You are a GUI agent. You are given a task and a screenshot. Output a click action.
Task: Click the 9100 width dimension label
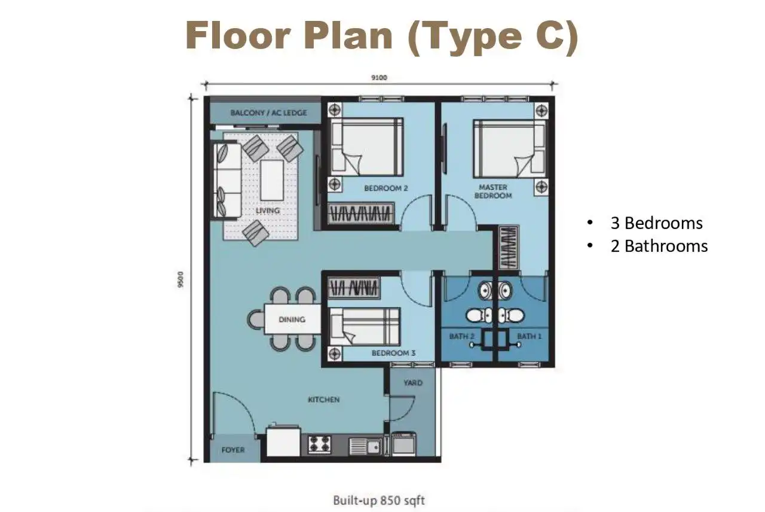379,78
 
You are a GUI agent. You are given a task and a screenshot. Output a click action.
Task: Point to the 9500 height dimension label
180,279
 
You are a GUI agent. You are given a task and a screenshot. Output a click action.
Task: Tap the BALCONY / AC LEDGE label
269,113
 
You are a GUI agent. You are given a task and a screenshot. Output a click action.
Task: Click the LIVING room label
268,211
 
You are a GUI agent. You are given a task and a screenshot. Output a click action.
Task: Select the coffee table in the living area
272,180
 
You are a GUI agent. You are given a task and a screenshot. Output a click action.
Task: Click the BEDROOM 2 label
386,188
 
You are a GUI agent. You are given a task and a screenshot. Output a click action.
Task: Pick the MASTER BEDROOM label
493,191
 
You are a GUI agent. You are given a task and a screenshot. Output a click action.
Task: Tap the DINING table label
292,319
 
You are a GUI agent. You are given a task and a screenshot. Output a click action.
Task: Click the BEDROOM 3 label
393,353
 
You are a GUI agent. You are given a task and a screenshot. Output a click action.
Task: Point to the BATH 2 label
462,336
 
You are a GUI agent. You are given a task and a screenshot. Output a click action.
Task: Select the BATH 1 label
530,336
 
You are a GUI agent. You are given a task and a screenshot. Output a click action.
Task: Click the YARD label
413,383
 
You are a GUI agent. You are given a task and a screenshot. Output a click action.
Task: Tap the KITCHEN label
324,400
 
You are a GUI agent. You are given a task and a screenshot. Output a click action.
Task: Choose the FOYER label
233,450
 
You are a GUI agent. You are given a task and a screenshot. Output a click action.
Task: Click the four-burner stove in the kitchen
320,444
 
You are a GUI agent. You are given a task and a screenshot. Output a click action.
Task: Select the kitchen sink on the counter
365,446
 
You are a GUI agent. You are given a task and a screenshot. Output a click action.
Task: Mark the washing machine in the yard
403,444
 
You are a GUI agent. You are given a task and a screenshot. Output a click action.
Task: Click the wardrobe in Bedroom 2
360,214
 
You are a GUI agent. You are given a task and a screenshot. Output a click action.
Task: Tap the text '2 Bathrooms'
659,246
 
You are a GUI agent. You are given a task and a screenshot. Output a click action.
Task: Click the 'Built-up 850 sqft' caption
379,501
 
